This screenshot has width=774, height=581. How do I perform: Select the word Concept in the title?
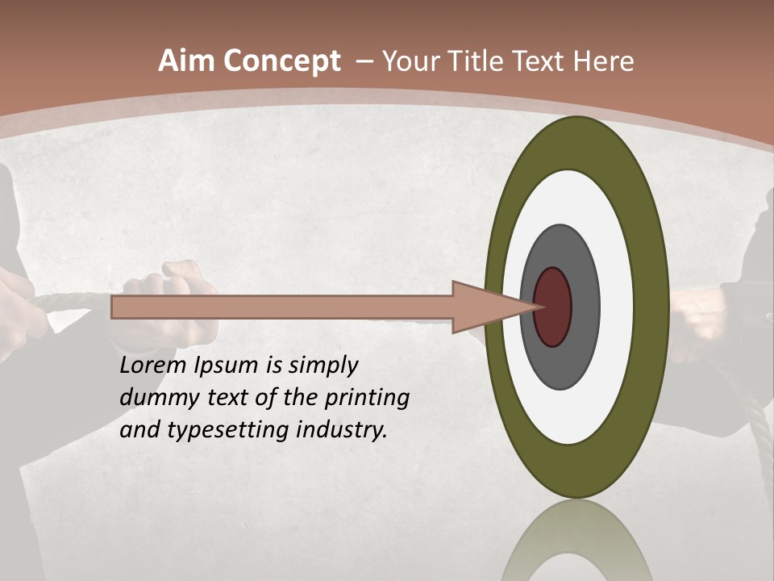[283, 61]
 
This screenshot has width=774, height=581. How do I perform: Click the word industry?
[342, 430]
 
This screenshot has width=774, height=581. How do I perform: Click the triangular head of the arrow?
[484, 307]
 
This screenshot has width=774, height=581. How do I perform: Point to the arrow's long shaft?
[282, 307]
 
